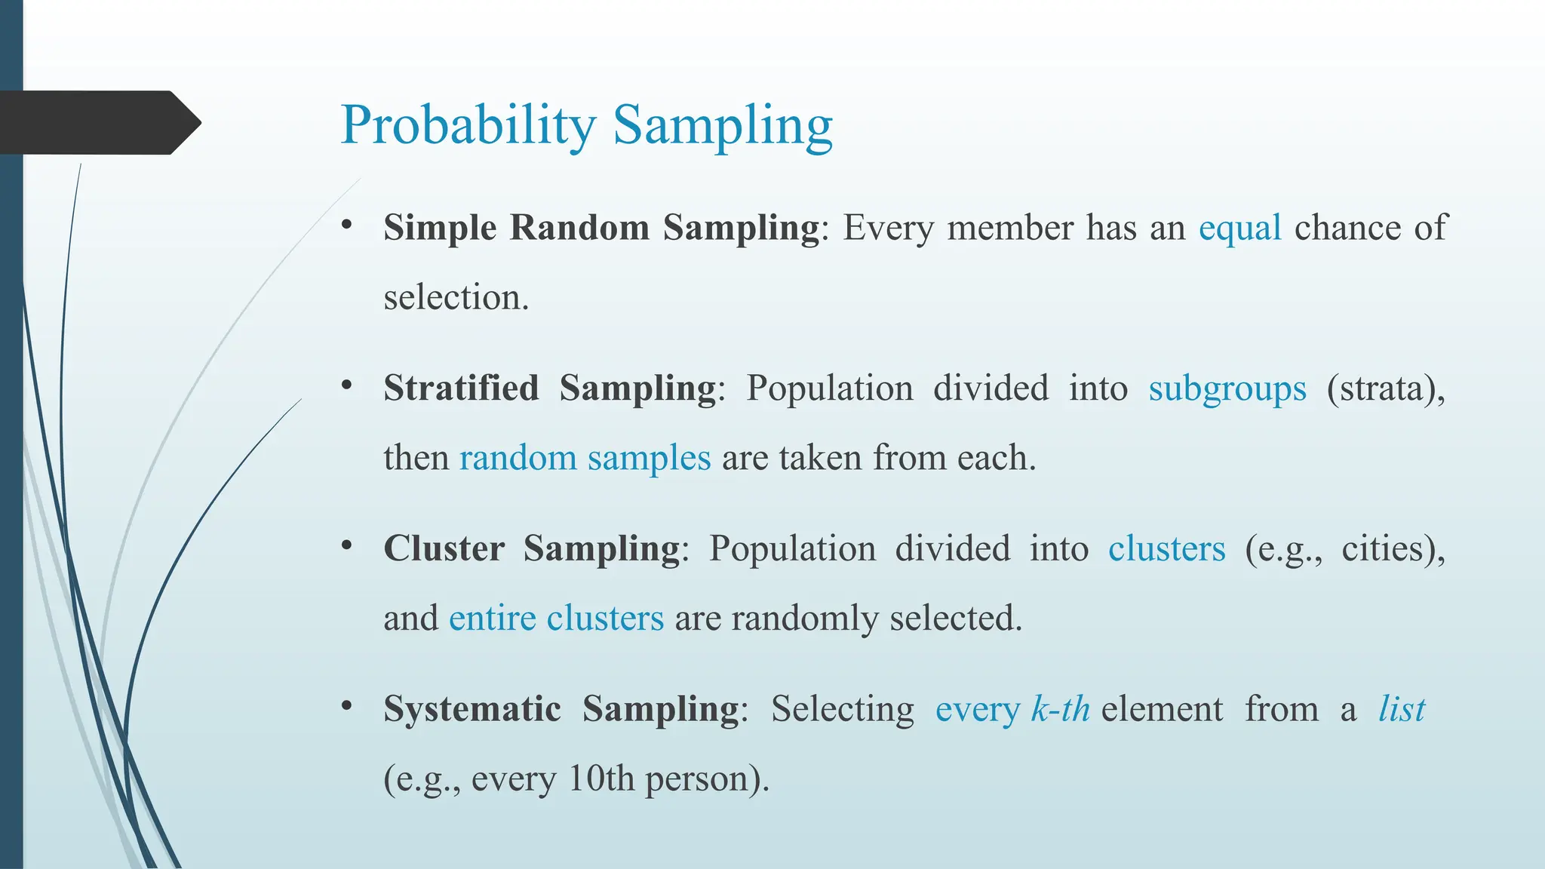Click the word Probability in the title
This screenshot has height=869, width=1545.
tap(468, 125)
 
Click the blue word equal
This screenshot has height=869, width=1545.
tap(1239, 228)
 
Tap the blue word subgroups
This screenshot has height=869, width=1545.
tap(1227, 389)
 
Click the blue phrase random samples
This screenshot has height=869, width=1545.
tap(585, 458)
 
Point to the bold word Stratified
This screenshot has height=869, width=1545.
tap(461, 388)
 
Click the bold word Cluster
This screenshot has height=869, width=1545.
tap(444, 548)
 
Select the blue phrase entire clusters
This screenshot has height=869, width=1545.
tap(556, 619)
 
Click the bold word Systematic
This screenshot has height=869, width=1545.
tap(471, 709)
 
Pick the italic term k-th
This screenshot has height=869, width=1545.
tap(1060, 709)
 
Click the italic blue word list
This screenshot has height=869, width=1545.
tap(1401, 709)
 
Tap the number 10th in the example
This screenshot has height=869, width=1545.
tap(600, 778)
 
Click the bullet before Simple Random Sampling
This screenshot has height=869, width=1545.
tap(346, 225)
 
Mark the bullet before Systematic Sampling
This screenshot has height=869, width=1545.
tap(346, 706)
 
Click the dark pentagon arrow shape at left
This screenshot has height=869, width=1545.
tap(98, 122)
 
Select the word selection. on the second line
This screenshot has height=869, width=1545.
tap(456, 297)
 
